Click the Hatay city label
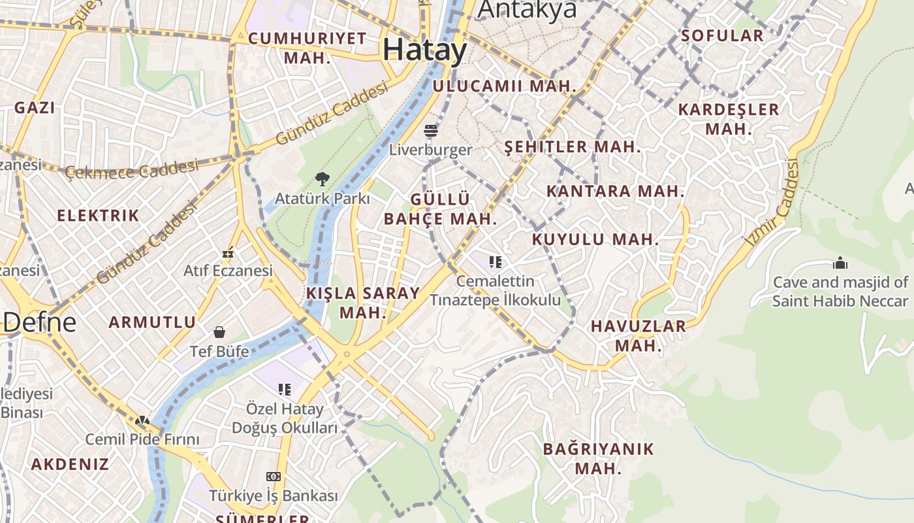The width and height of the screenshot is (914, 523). [425, 50]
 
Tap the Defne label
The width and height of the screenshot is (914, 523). [39, 322]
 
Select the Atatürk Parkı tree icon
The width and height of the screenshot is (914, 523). [322, 178]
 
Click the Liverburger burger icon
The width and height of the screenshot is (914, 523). [430, 131]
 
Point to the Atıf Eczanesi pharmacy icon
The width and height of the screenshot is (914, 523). [228, 252]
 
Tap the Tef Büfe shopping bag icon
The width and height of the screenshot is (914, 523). [219, 332]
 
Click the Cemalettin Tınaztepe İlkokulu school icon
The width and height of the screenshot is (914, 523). [496, 262]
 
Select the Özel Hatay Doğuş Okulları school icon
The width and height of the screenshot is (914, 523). [285, 390]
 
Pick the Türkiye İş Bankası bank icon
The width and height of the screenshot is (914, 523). [274, 477]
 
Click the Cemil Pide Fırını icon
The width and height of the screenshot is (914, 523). [142, 420]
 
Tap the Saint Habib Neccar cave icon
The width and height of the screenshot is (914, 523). [840, 263]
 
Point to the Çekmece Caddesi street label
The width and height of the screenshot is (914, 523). [132, 169]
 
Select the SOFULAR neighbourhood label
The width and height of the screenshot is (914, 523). [722, 35]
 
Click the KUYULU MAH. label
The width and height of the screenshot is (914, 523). [595, 239]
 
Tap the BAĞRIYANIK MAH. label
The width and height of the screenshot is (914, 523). [598, 458]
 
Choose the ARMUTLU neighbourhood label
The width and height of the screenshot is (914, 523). [152, 322]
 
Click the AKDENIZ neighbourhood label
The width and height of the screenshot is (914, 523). [70, 464]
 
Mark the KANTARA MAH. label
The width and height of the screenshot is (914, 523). [615, 192]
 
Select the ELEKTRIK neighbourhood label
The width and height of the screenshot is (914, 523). [98, 215]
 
